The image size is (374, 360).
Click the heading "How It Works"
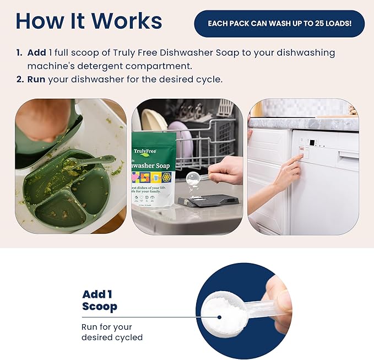coord(89,21)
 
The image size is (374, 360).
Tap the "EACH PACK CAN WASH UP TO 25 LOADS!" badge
coord(279,24)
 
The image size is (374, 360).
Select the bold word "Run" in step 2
coord(36,79)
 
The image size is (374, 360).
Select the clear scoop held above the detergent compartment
coord(194,178)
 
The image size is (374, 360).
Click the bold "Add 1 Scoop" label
coord(100,300)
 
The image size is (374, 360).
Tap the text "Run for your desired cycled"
coord(112,332)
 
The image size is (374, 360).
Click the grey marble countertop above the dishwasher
coord(303,123)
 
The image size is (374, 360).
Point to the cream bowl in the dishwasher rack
coord(153,119)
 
